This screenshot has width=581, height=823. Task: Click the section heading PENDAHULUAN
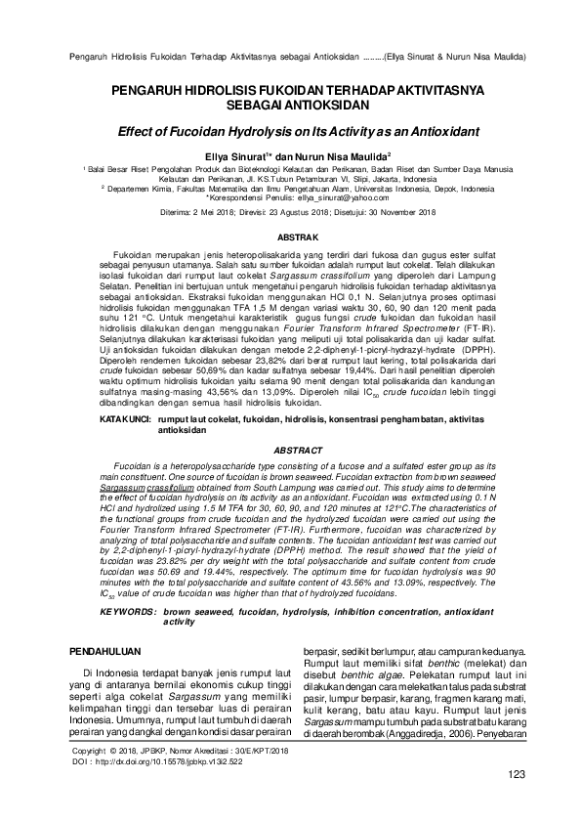[x=108, y=650]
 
